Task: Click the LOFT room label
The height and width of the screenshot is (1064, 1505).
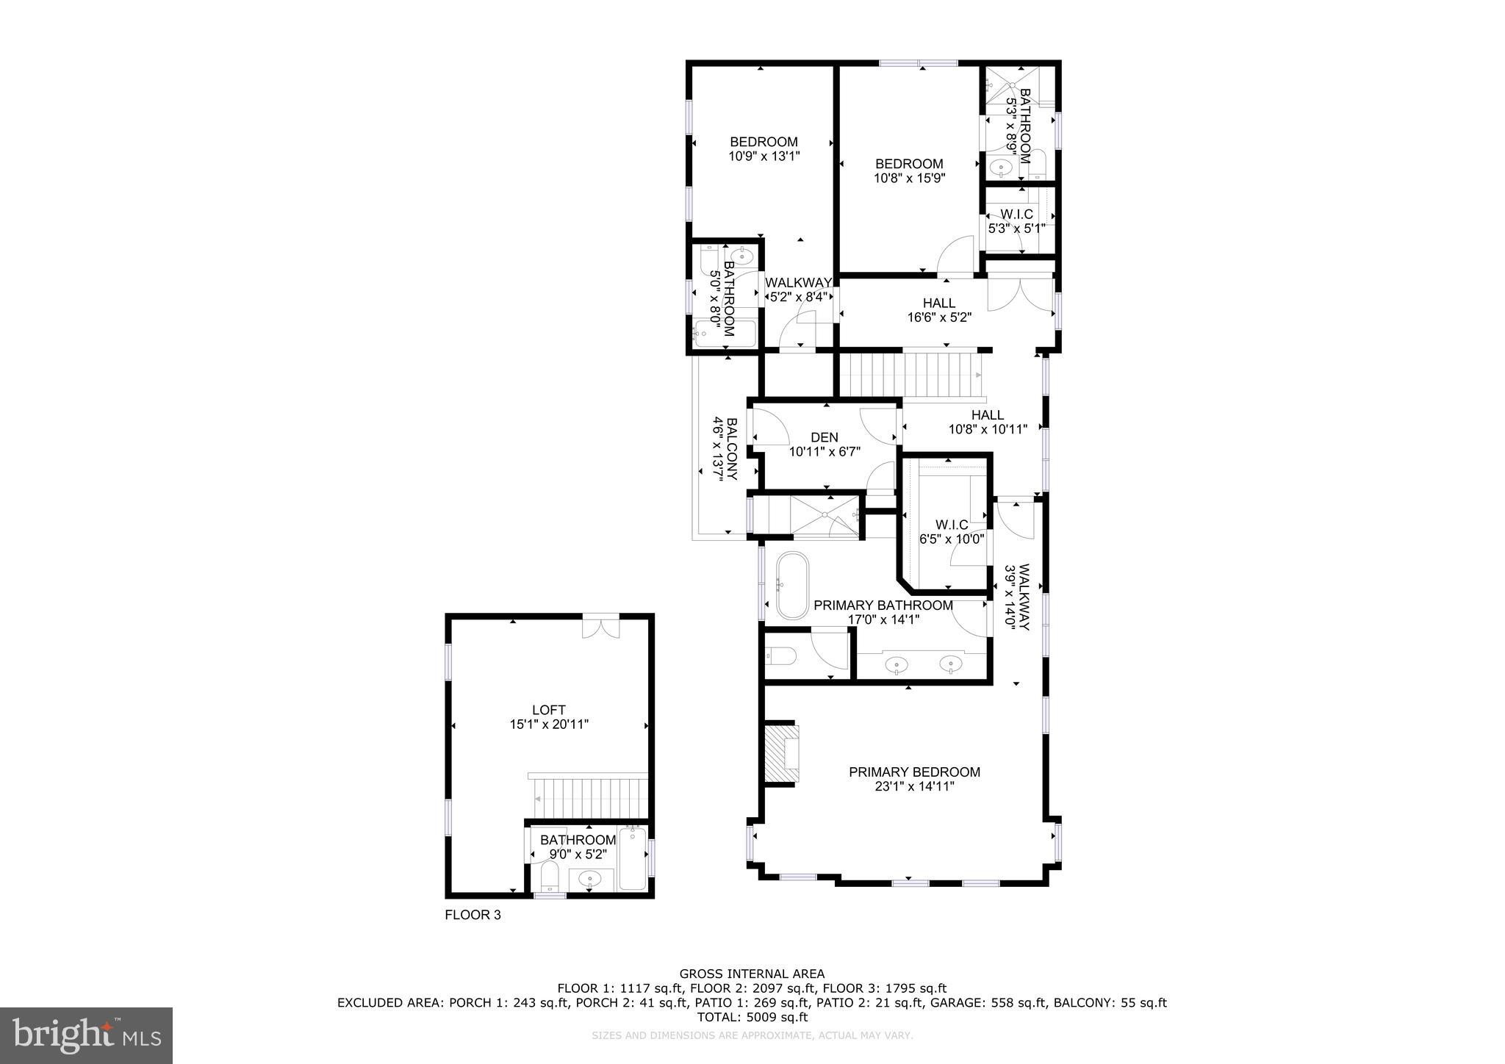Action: click(548, 710)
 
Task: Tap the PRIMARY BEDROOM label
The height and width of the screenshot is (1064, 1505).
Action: click(914, 772)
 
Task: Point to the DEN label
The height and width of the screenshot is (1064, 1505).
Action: click(825, 437)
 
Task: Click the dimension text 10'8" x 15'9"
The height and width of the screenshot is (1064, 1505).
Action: click(909, 178)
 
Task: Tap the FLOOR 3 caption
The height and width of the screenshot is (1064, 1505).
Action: click(473, 915)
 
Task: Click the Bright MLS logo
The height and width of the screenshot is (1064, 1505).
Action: click(86, 1035)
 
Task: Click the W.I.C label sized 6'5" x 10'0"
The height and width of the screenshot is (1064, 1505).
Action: click(952, 525)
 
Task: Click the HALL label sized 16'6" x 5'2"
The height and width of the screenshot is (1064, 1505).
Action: click(939, 303)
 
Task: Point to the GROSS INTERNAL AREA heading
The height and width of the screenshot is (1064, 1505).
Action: click(752, 974)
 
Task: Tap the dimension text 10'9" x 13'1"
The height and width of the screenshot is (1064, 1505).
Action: click(764, 156)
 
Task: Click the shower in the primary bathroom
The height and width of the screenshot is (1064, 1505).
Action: click(823, 517)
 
